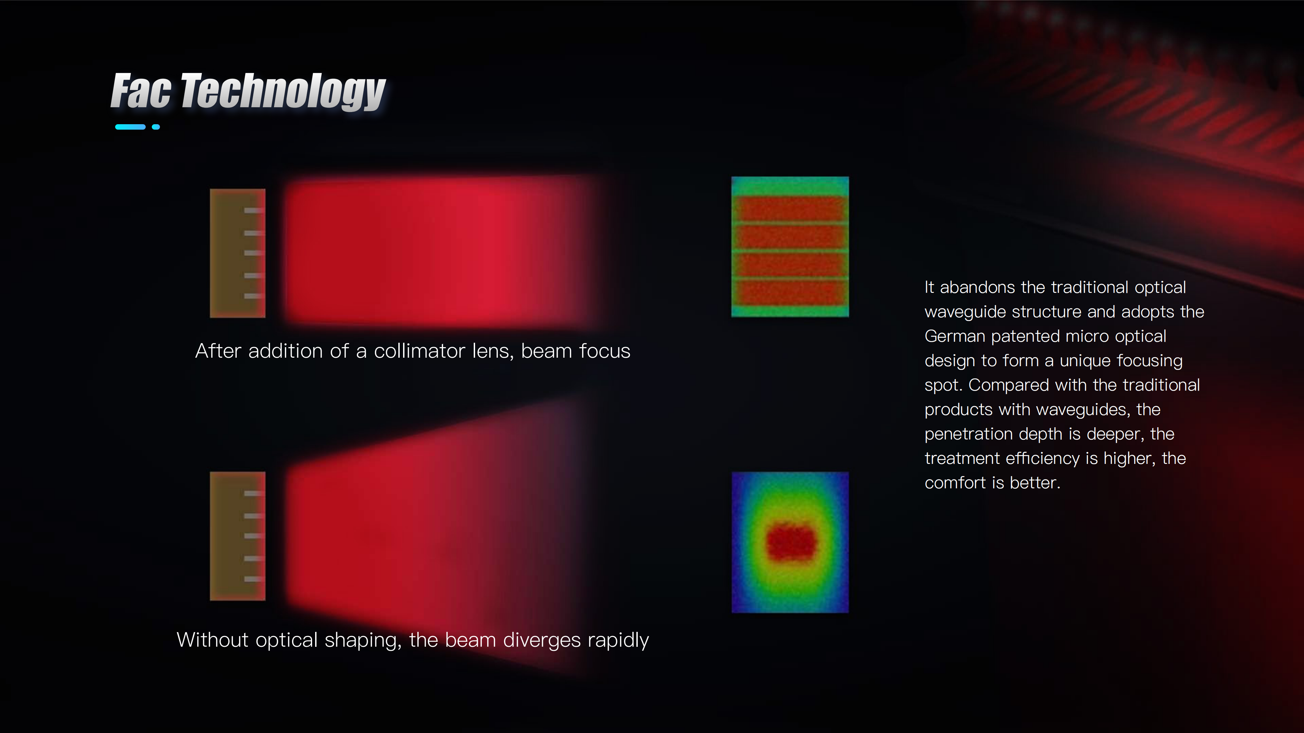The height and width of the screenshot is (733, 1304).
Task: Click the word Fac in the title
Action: [x=141, y=91]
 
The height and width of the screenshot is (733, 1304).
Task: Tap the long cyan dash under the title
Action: [x=131, y=127]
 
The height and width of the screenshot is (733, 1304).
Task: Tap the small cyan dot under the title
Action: [x=156, y=127]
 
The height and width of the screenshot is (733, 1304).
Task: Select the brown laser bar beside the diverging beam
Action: [x=237, y=536]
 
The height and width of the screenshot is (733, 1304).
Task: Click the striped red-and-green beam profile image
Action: [x=790, y=247]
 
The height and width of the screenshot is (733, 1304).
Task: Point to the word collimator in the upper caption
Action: [x=419, y=351]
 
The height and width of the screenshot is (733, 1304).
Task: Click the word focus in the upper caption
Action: [x=604, y=351]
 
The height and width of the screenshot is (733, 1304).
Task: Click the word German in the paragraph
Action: [x=954, y=336]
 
